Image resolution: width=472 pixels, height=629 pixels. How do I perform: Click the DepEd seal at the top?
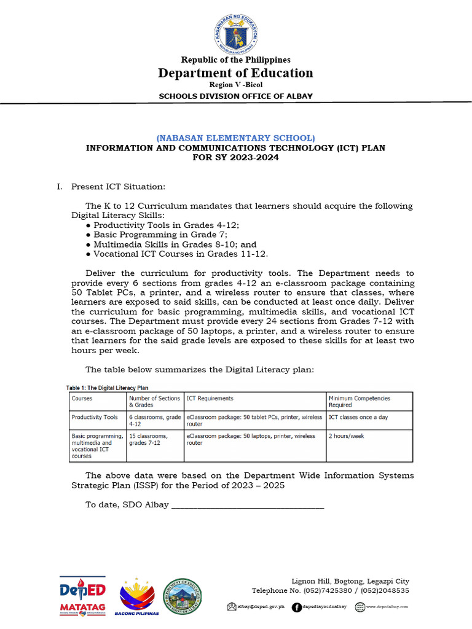point(235,31)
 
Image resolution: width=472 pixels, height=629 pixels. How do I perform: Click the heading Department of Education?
point(235,73)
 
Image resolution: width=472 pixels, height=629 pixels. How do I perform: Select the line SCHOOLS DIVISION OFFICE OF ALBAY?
point(235,96)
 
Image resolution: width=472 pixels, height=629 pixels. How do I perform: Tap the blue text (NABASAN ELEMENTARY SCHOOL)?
point(235,138)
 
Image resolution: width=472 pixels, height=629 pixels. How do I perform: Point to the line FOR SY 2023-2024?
point(235,157)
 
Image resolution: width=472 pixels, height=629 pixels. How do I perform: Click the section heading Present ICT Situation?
point(118,186)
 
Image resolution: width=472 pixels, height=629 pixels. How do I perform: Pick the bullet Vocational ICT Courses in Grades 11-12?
point(181,253)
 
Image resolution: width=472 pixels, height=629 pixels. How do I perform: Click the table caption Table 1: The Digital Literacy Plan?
point(108,388)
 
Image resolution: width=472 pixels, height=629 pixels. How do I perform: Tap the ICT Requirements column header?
point(210,399)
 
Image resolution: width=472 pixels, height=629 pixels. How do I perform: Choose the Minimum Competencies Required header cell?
point(359,402)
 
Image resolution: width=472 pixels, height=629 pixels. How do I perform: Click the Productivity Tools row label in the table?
point(95,417)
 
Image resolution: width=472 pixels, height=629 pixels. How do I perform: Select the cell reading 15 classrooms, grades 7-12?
point(148,439)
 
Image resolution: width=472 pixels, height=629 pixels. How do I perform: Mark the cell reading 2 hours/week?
point(347,436)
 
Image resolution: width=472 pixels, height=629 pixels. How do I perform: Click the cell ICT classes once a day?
point(358,417)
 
